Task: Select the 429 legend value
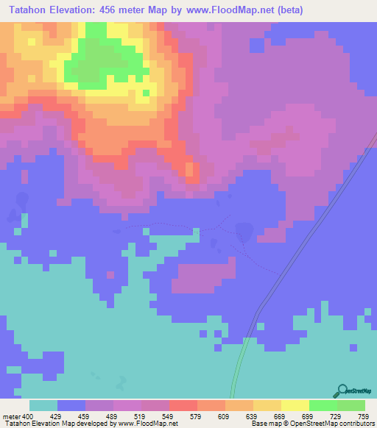[57, 416]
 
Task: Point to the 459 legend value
[85, 416]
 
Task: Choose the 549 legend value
[169, 416]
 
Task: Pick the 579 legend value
[197, 416]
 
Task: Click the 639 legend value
[252, 416]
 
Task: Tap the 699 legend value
[308, 416]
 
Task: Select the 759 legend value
[363, 416]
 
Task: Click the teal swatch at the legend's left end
[43, 405]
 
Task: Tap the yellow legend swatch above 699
[295, 405]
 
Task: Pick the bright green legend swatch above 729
[323, 405]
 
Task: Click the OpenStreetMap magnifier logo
[342, 392]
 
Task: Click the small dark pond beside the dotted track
[244, 231]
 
